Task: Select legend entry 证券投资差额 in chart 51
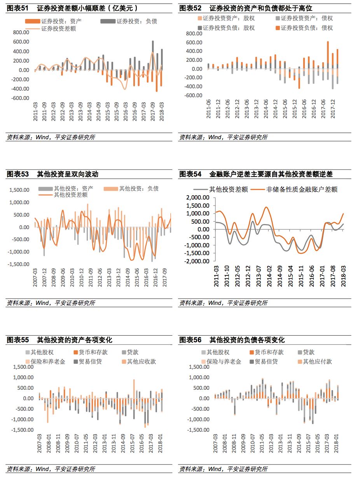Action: click(58, 29)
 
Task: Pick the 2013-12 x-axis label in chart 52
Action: click(256, 109)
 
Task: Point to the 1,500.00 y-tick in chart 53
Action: click(19, 190)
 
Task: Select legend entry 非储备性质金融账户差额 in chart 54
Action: click(301, 189)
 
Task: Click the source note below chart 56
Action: click(223, 469)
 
